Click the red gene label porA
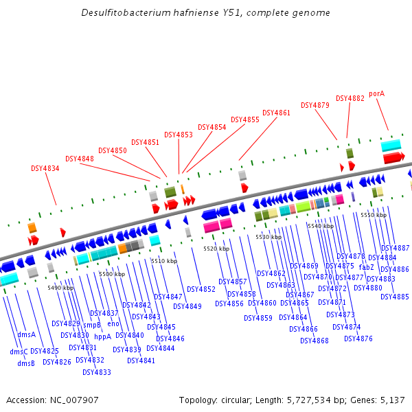click(x=376, y=93)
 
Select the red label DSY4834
click(x=45, y=168)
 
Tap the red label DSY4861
click(x=276, y=113)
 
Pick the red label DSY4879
click(x=315, y=106)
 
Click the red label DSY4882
click(x=350, y=98)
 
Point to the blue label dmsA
click(x=27, y=335)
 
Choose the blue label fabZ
click(x=366, y=267)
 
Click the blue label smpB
click(x=92, y=325)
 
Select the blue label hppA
click(x=102, y=336)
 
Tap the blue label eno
click(x=113, y=323)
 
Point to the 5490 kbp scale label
click(x=60, y=288)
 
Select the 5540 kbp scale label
click(x=321, y=226)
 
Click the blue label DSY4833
click(x=96, y=372)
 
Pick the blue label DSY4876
click(x=358, y=339)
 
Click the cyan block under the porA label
click(x=391, y=146)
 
